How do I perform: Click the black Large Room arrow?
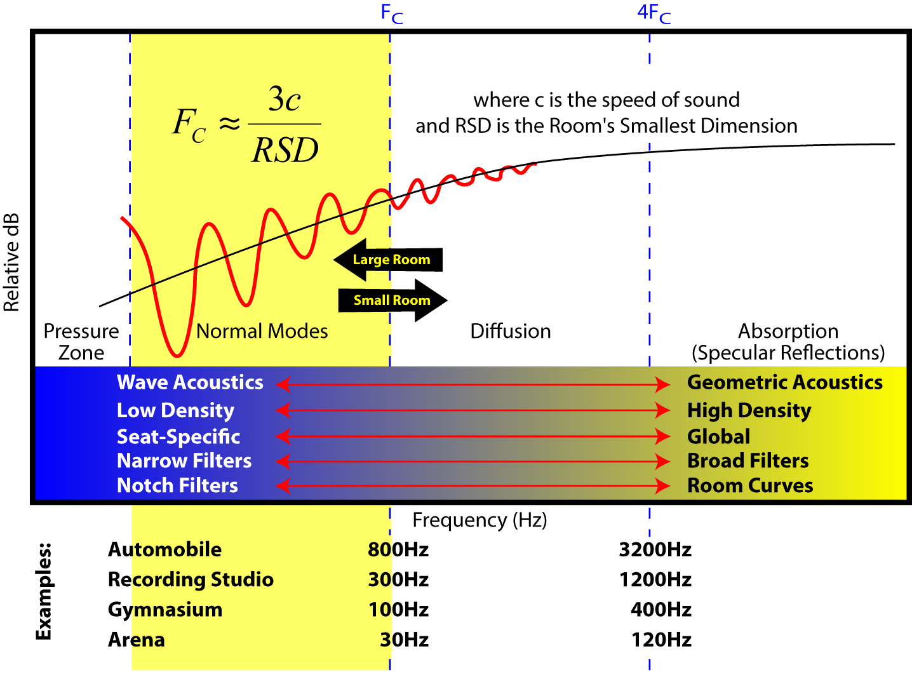(x=389, y=260)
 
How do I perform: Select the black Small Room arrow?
(x=392, y=300)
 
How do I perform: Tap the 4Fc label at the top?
(x=654, y=13)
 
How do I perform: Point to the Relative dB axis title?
(x=12, y=262)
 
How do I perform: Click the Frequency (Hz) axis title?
(x=479, y=520)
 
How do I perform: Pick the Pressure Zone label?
(x=81, y=342)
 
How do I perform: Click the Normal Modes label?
(x=262, y=331)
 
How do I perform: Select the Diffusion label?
(x=511, y=331)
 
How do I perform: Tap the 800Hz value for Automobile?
(x=398, y=549)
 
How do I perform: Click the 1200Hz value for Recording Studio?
(x=655, y=579)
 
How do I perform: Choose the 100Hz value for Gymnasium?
(x=398, y=610)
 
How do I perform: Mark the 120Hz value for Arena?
(x=661, y=640)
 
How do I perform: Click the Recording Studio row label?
(x=191, y=579)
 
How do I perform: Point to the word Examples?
(x=43, y=591)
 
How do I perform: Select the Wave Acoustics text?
(x=190, y=382)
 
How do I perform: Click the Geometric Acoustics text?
(x=785, y=382)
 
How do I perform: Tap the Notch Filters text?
(x=177, y=486)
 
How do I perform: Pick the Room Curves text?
(x=750, y=486)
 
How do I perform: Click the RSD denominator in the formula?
(x=285, y=151)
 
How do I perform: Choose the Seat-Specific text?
(x=178, y=437)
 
